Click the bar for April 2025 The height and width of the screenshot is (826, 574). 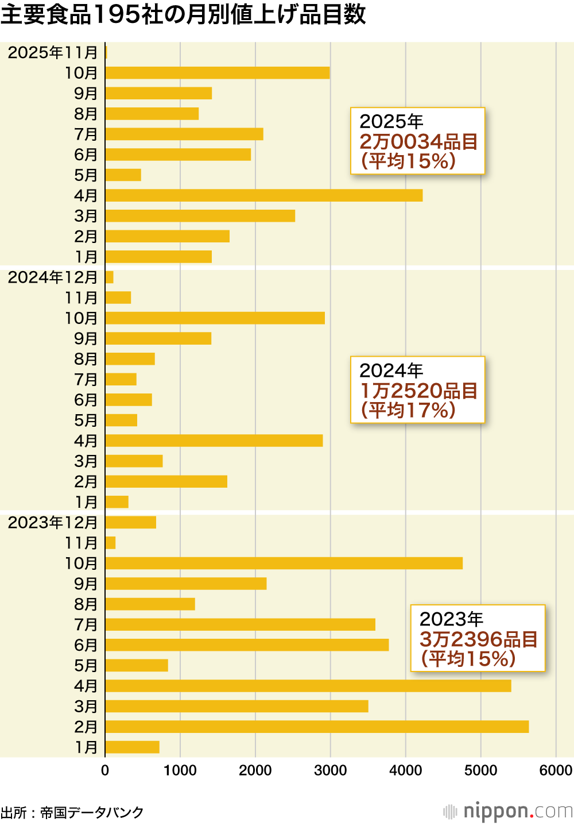pos(264,195)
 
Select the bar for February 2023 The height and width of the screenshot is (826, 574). pos(317,727)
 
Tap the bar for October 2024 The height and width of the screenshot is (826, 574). pos(215,318)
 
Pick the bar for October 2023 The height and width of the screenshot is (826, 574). pos(284,563)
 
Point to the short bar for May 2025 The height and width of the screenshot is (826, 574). pos(123,175)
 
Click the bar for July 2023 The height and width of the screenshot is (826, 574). pos(241,624)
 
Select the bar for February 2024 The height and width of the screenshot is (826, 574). pos(166,481)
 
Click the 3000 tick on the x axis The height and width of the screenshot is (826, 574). pos(331,770)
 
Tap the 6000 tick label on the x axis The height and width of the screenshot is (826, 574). pos(556,770)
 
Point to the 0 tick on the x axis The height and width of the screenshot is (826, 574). pos(105,770)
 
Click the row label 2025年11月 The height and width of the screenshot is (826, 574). pos(53,52)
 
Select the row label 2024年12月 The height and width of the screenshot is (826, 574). pos(53,277)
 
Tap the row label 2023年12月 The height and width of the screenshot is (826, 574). pos(53,522)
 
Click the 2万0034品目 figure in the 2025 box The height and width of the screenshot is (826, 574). pos(418,141)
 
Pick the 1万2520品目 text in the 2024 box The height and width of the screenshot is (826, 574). pos(418,391)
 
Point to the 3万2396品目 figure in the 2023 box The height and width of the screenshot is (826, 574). pos(478,639)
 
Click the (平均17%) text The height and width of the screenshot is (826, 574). pos(408,410)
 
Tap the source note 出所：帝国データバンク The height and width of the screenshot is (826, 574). pos(72,812)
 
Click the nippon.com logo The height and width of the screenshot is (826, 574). pos(509,811)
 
